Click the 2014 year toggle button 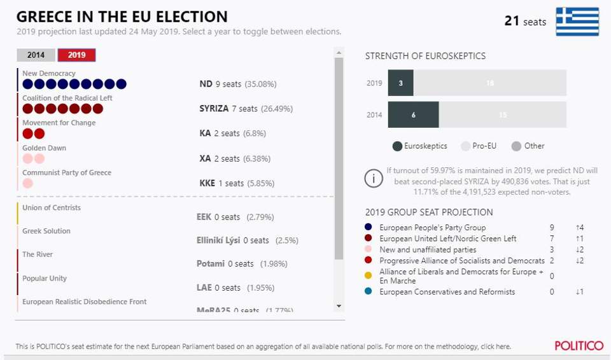pyautogui.click(x=36, y=55)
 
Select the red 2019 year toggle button pyautogui.click(x=76, y=55)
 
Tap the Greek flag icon pyautogui.click(x=577, y=22)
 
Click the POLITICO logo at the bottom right pyautogui.click(x=579, y=346)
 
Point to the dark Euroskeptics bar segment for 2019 pyautogui.click(x=400, y=83)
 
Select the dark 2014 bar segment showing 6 pyautogui.click(x=413, y=114)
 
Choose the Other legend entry pyautogui.click(x=528, y=146)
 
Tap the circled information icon pyautogui.click(x=374, y=179)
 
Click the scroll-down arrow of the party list pyautogui.click(x=339, y=306)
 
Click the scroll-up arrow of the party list pyautogui.click(x=339, y=53)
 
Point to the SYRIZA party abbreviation pyautogui.click(x=214, y=109)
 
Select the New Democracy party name pyautogui.click(x=49, y=74)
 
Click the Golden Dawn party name pyautogui.click(x=44, y=148)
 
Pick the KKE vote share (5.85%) pyautogui.click(x=260, y=183)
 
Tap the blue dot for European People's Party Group pyautogui.click(x=369, y=227)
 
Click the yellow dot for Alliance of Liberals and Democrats pyautogui.click(x=369, y=276)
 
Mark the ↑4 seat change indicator pyautogui.click(x=579, y=227)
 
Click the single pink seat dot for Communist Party pyautogui.click(x=27, y=183)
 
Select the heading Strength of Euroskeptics pyautogui.click(x=425, y=56)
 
